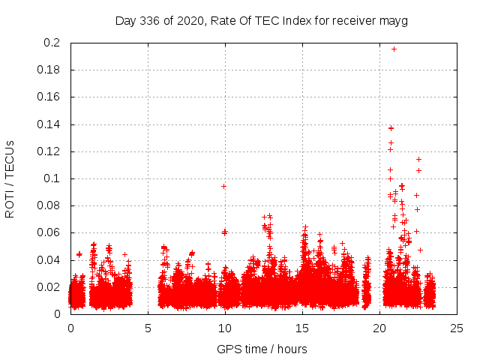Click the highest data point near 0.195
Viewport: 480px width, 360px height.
[394, 49]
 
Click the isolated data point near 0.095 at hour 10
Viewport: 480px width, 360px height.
[223, 186]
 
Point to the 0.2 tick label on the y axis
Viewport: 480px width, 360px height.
[52, 43]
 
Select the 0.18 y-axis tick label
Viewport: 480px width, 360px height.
[49, 70]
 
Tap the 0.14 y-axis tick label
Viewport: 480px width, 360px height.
[49, 124]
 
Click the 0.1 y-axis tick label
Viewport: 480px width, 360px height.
[52, 178]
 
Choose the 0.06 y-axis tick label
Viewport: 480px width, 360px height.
[49, 232]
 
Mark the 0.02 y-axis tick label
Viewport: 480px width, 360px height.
[49, 286]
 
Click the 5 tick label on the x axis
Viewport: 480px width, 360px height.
[148, 328]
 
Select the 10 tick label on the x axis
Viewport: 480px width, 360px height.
[225, 328]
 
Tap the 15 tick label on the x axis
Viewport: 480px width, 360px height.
[302, 328]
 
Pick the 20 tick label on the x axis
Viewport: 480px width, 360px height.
[379, 328]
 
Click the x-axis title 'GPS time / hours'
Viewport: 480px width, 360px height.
[262, 349]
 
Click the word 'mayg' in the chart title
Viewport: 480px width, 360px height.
[394, 20]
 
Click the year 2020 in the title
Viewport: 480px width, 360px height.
[190, 20]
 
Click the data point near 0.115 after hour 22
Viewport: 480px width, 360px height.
[418, 159]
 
